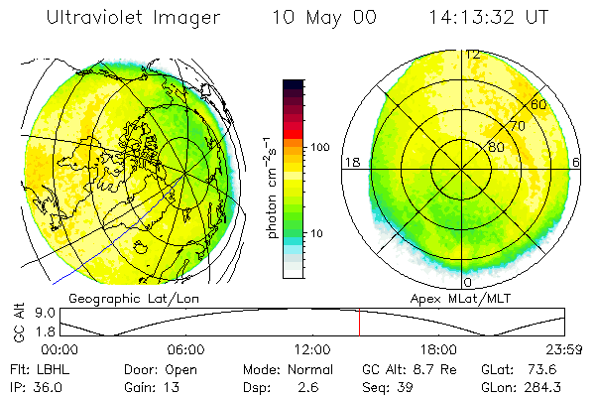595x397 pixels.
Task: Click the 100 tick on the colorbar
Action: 319,147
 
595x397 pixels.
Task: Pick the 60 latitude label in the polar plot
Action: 538,104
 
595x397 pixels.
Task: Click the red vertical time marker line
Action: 359,323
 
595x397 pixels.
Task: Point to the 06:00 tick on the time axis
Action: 185,349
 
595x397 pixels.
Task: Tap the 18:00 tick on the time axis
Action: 438,349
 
